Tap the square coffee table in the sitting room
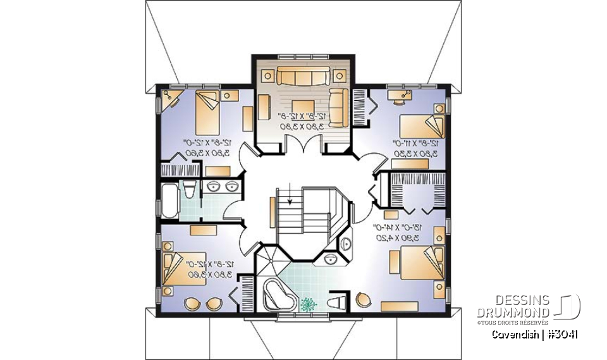pyautogui.click(x=302, y=106)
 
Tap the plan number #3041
pyautogui.click(x=563, y=333)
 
